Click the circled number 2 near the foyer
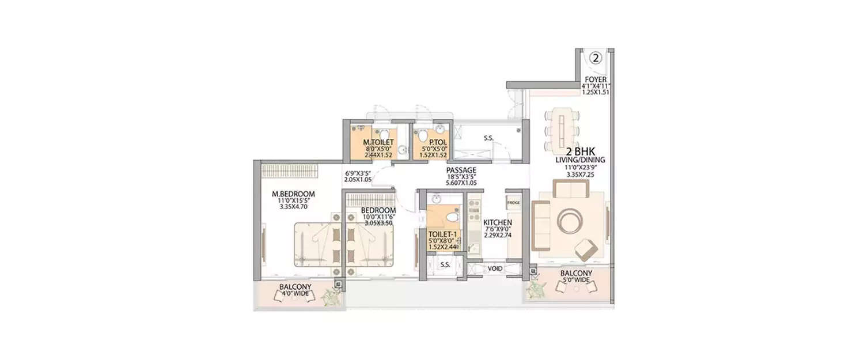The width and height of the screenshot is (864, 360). [x=596, y=58]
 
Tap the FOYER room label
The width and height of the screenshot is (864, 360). [x=596, y=79]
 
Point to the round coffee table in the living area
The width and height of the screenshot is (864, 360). [x=569, y=221]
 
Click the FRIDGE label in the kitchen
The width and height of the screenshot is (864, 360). [x=514, y=203]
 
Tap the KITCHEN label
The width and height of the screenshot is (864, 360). [x=498, y=222]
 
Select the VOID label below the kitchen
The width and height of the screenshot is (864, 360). [x=495, y=268]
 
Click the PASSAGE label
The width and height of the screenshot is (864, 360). [x=461, y=170]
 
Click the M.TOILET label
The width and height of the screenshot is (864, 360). [x=378, y=142]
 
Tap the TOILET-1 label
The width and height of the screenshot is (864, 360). [x=442, y=234]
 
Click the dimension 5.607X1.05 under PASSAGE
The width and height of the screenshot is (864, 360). [x=461, y=183]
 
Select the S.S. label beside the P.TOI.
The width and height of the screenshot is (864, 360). [x=488, y=138]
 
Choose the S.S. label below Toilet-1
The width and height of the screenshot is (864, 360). [x=445, y=265]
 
